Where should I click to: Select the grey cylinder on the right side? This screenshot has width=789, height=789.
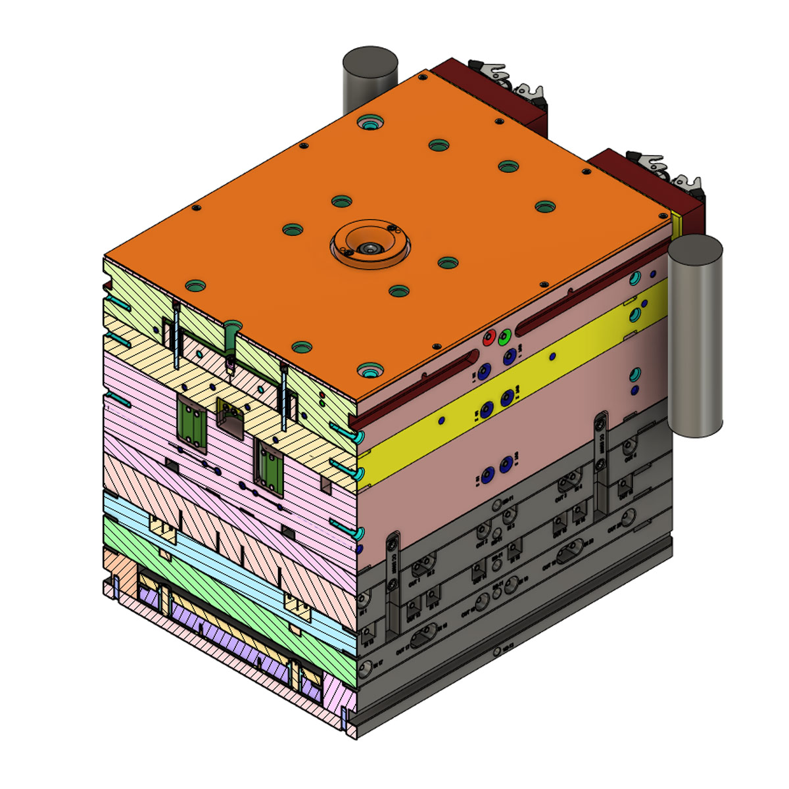tap(695, 335)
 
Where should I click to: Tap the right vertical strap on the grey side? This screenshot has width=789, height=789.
tap(601, 460)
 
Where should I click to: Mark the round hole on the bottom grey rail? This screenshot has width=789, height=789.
tap(495, 652)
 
